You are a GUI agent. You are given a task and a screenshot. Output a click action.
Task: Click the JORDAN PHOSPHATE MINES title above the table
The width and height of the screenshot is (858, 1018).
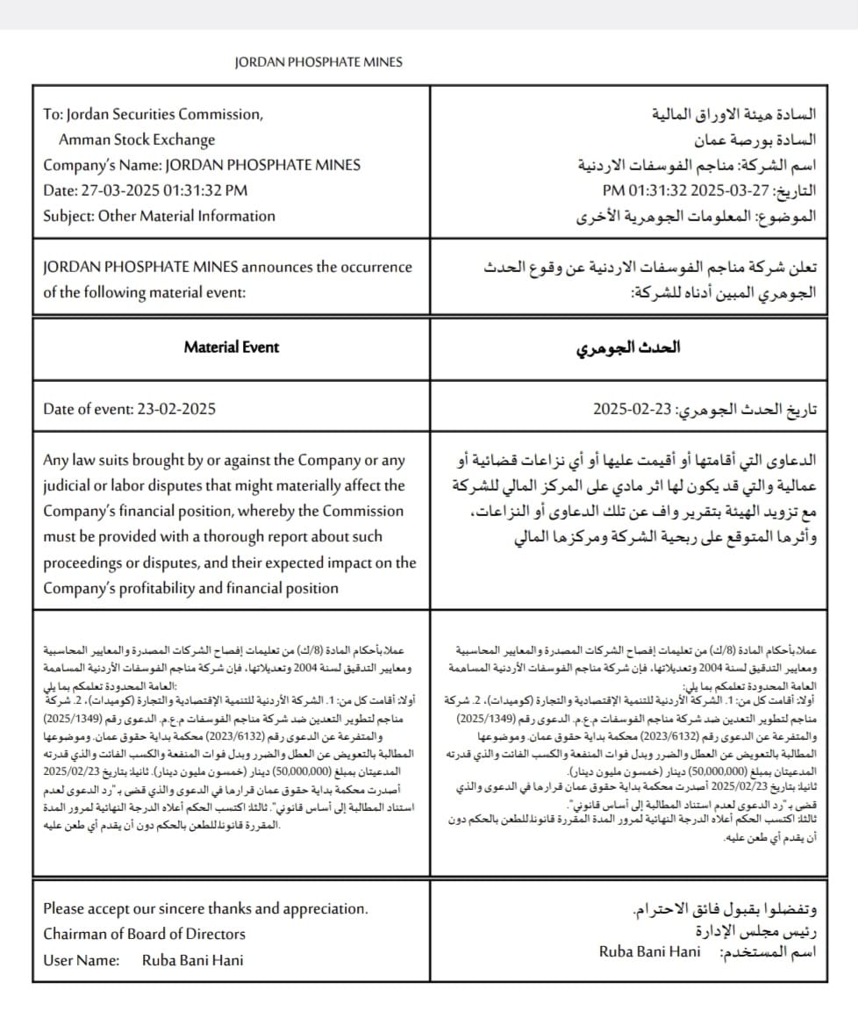(x=318, y=61)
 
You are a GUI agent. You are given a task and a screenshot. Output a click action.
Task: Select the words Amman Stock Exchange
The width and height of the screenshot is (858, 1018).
(x=136, y=140)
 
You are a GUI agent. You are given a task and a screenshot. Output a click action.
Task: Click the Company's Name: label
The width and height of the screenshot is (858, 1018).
(x=102, y=165)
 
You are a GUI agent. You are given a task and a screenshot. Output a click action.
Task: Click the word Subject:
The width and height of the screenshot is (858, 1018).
(x=68, y=216)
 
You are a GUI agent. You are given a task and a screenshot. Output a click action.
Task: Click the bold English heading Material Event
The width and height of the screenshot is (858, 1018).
(x=231, y=347)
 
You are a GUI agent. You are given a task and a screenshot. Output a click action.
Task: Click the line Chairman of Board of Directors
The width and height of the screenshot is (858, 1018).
(x=144, y=934)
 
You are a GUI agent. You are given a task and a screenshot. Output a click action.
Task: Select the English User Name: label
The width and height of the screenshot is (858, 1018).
(x=81, y=960)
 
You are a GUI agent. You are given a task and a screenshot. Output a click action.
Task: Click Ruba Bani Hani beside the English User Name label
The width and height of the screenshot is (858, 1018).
(x=192, y=960)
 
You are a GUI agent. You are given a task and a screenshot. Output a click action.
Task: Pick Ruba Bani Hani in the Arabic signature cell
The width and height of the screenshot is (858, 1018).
(x=650, y=951)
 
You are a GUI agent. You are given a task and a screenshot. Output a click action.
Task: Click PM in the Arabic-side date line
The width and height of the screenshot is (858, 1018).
(x=612, y=190)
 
